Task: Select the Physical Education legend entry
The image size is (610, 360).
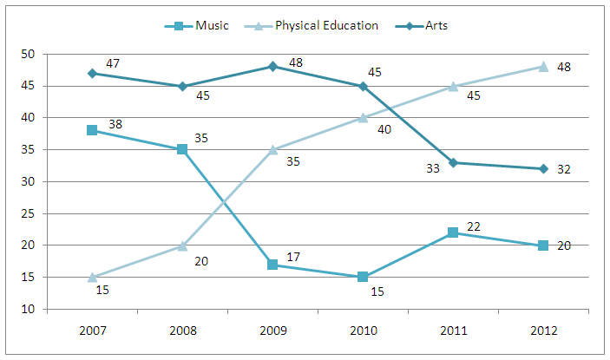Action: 316,25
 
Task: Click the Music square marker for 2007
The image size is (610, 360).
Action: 91,130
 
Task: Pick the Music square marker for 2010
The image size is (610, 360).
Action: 363,277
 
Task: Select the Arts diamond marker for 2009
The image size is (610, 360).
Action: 272,66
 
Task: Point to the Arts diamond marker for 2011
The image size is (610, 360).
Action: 453,162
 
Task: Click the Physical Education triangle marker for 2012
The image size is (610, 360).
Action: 543,67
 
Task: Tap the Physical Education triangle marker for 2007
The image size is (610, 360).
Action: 91,277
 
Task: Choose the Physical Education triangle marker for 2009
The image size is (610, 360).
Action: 272,149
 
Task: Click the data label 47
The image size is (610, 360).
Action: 113,64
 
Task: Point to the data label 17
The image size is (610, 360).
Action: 294,258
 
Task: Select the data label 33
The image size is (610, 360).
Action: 431,169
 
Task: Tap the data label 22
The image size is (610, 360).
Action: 475,226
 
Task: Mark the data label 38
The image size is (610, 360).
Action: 115,124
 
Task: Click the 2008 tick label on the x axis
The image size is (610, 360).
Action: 181,331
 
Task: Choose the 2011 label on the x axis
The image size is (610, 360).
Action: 453,331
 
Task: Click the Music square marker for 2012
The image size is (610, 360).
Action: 543,245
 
